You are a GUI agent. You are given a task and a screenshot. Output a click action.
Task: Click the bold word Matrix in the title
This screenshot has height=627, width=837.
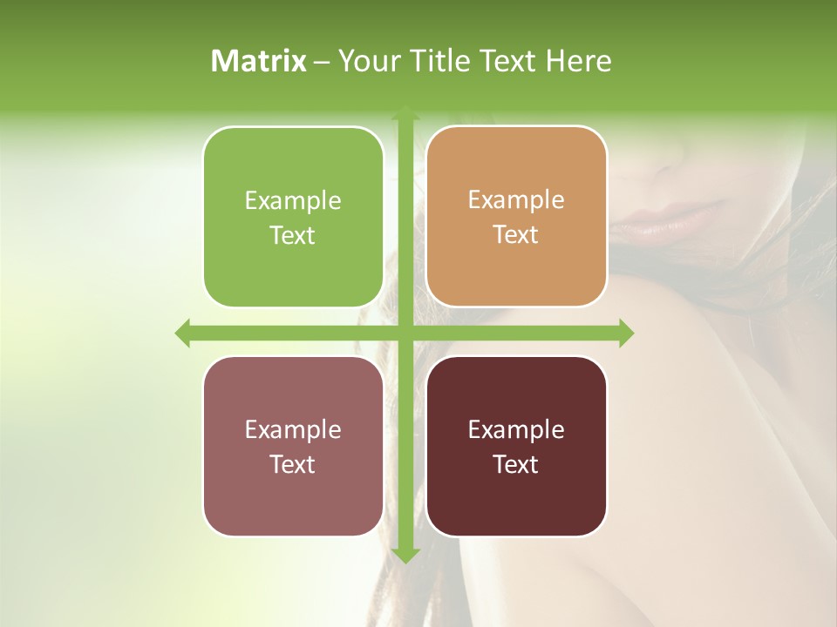pyautogui.click(x=259, y=61)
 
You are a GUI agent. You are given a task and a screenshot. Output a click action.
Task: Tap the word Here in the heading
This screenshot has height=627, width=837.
pyautogui.click(x=578, y=61)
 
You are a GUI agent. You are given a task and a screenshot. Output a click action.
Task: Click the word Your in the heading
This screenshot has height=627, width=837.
pyautogui.click(x=365, y=61)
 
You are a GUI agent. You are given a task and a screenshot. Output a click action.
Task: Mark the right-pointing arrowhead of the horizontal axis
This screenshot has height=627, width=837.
pyautogui.click(x=625, y=334)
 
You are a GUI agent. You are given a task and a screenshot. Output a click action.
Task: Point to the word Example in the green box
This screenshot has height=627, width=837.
pyautogui.click(x=293, y=201)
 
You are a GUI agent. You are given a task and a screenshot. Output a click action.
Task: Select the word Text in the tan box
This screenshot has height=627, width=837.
pyautogui.click(x=516, y=235)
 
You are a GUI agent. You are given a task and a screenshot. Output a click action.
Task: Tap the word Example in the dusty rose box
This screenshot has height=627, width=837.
pyautogui.click(x=293, y=430)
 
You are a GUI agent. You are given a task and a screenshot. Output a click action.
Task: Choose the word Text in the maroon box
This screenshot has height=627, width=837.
pyautogui.click(x=516, y=465)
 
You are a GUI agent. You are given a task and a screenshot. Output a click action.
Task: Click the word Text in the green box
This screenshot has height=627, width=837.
pyautogui.click(x=293, y=236)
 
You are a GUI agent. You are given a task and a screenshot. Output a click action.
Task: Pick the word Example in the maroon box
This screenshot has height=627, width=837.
pyautogui.click(x=516, y=430)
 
